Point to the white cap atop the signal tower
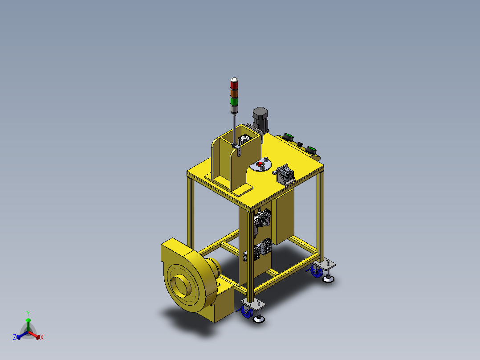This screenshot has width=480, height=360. (x=235, y=80)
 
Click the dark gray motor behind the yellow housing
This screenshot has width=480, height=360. (x=260, y=118)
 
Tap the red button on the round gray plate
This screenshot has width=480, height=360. (x=260, y=164)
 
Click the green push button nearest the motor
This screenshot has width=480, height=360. (x=288, y=137)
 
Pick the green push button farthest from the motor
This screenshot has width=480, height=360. (x=311, y=150)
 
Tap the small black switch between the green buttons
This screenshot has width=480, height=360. (x=300, y=144)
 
